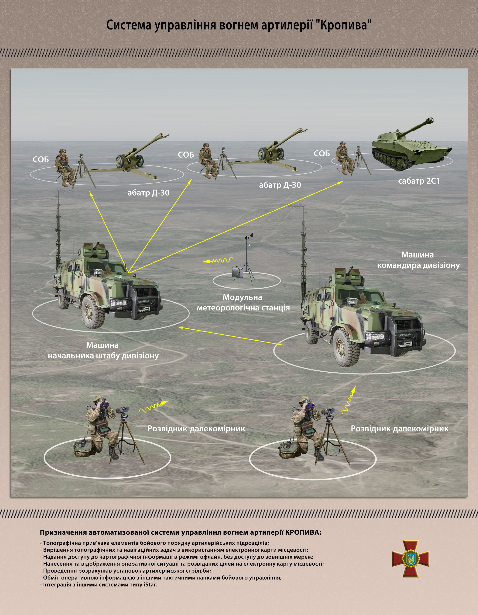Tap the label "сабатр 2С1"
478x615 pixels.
coord(419,181)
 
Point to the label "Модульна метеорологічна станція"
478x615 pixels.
coord(243,302)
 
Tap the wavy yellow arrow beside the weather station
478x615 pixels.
coord(218,260)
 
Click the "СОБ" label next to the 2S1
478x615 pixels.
coord(322,154)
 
